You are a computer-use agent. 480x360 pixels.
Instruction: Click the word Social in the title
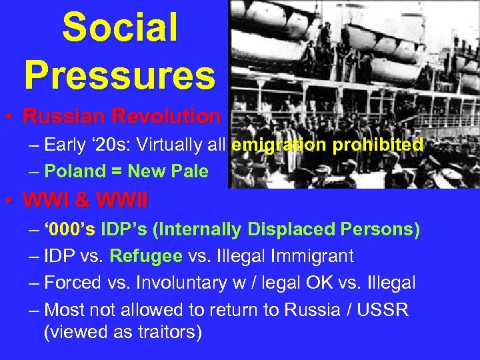[120, 28]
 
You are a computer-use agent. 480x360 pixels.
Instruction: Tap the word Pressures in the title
[120, 75]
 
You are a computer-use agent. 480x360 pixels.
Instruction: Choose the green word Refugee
[147, 256]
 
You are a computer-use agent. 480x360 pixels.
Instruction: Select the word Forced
[73, 283]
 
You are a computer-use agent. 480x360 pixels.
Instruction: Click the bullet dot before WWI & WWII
[8, 200]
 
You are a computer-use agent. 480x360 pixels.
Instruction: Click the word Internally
[207, 229]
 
